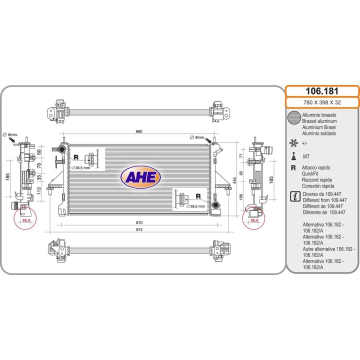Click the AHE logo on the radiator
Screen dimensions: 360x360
point(140,177)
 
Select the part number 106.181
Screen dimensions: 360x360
point(322,91)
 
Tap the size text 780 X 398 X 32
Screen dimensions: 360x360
point(322,103)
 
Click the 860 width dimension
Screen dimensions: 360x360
point(139,131)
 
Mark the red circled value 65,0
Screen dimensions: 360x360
point(26,220)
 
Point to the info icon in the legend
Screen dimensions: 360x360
point(294,195)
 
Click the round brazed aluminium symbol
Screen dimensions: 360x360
point(294,118)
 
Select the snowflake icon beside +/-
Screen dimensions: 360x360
point(293,142)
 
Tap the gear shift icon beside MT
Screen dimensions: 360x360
point(293,155)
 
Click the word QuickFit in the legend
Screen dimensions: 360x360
point(312,173)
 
